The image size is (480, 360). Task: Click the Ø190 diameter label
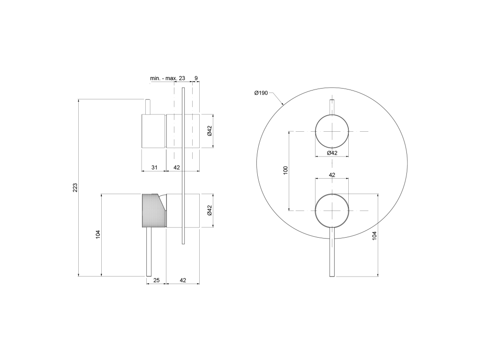[x=261, y=93]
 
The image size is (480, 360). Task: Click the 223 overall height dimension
[x=75, y=187]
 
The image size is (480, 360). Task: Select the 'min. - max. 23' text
[x=167, y=78]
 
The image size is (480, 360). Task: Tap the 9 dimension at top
[x=196, y=78]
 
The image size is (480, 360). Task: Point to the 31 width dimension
[x=154, y=167]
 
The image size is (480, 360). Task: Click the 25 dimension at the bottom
[x=157, y=280]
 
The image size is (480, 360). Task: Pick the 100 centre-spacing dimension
[x=285, y=170]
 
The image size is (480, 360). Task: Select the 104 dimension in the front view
[x=374, y=235]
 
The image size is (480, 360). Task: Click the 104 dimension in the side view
[x=98, y=234]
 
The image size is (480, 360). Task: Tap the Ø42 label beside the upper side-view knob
[x=210, y=131]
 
